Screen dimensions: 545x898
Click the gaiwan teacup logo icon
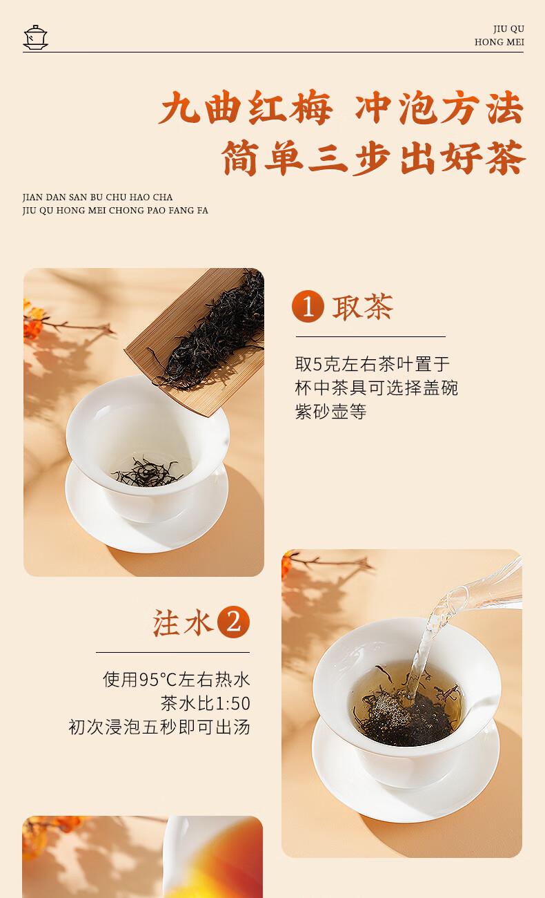point(35,37)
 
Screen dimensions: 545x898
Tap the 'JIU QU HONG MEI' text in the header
point(499,35)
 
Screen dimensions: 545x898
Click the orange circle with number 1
point(308,307)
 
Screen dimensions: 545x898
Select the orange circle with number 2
point(233,622)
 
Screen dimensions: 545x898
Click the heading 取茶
point(363,307)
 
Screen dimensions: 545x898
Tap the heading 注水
point(183,622)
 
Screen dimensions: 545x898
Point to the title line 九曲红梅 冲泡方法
point(341,108)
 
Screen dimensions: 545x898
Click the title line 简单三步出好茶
point(373,157)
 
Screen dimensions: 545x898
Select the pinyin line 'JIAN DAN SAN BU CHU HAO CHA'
point(98,198)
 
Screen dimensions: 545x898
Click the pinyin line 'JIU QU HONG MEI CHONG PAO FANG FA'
point(115,211)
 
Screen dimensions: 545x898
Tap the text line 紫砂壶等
point(330,411)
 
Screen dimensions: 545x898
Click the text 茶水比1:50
point(206,703)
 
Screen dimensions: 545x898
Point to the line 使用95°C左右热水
point(177,680)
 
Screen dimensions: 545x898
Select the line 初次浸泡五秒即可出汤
point(159,727)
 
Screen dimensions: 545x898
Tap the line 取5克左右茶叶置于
point(373,364)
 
